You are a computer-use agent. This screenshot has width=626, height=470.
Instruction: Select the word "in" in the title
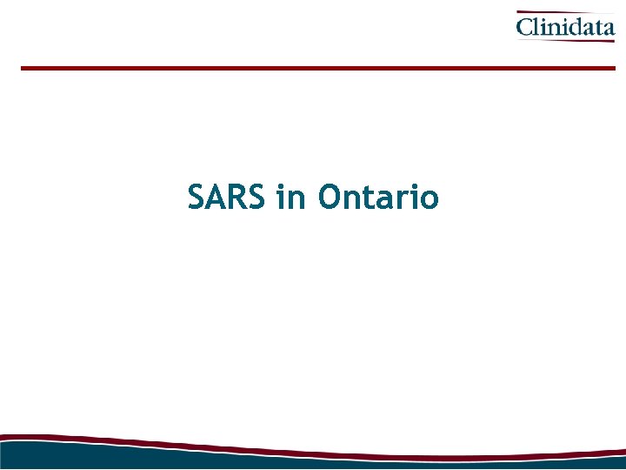[291, 198]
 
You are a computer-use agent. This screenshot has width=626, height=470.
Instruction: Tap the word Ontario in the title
[378, 198]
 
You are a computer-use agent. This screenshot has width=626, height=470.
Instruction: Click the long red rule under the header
[317, 68]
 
